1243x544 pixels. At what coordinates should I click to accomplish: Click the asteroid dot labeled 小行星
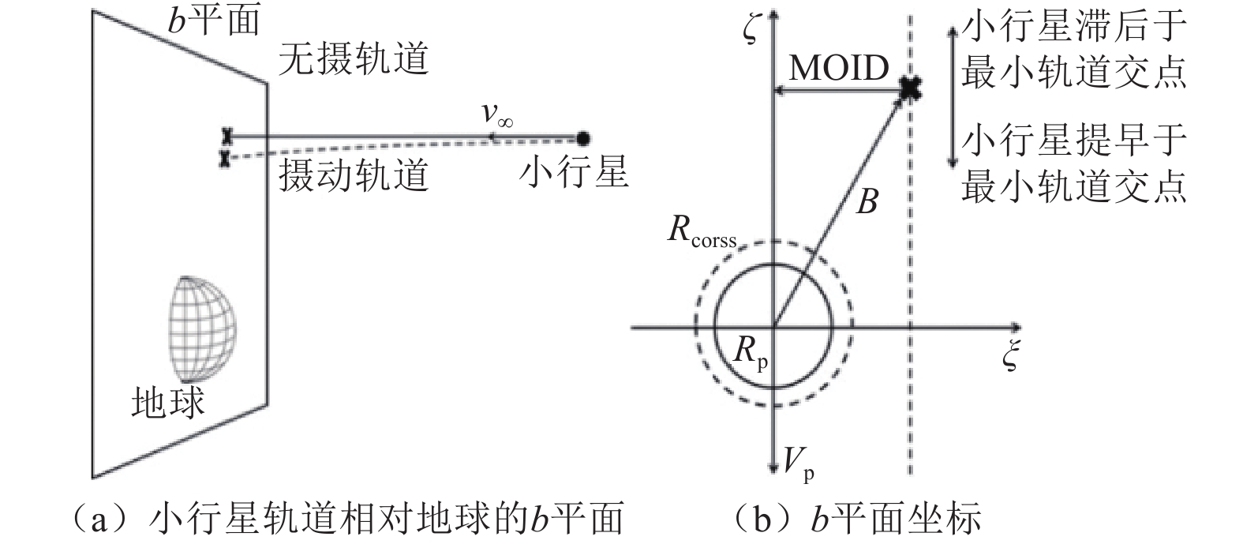(x=582, y=138)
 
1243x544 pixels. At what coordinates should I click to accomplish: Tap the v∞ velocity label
(x=498, y=115)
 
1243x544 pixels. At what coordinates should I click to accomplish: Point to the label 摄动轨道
(x=353, y=175)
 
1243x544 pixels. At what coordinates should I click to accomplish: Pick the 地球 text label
(x=168, y=402)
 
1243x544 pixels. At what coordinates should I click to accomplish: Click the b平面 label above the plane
(x=214, y=20)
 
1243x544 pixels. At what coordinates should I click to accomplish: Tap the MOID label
(x=839, y=69)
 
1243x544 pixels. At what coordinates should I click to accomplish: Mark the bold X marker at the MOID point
(x=910, y=89)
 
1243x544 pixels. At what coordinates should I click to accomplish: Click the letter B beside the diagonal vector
(x=867, y=203)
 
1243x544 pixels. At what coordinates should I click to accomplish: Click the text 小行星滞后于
(x=1073, y=28)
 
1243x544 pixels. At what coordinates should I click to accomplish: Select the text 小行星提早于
(x=1073, y=141)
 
